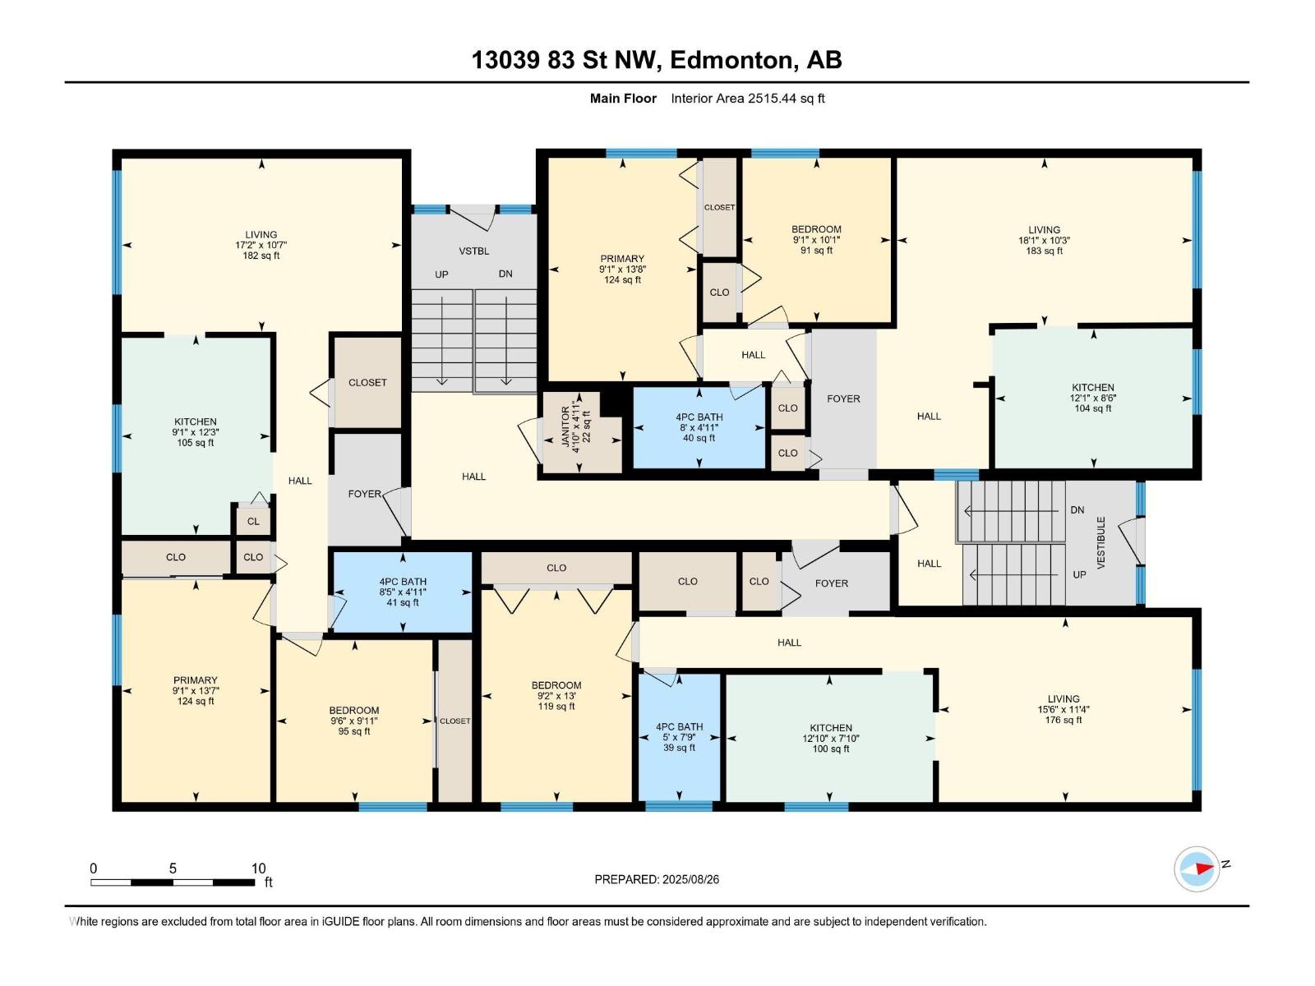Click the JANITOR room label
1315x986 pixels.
tap(565, 427)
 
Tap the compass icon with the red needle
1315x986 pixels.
tap(1197, 869)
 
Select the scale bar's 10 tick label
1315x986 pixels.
tap(258, 868)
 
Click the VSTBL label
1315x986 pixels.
tap(474, 251)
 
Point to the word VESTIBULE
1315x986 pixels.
tap(1100, 542)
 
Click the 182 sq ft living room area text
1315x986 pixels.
tap(261, 256)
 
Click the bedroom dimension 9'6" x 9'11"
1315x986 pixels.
tap(354, 721)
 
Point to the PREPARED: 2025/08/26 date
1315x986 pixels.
tap(657, 879)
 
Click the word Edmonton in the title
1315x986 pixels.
tap(732, 60)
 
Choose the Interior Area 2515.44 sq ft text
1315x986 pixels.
tap(748, 98)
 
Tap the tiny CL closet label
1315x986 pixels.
tap(253, 522)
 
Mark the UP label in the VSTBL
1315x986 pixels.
tap(441, 274)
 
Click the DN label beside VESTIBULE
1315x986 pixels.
tap(1077, 510)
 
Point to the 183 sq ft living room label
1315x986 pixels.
tap(1045, 251)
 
